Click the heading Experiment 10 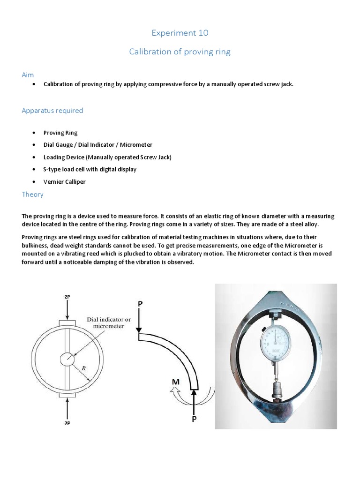click(180, 33)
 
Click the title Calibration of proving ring click(180, 52)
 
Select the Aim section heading click(28, 75)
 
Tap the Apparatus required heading click(52, 111)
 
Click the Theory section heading click(33, 194)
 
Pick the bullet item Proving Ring click(60, 133)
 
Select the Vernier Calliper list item click(65, 181)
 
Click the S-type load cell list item click(90, 169)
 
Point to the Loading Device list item click(107, 157)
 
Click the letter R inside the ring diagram click(83, 368)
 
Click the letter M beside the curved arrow click(176, 382)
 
